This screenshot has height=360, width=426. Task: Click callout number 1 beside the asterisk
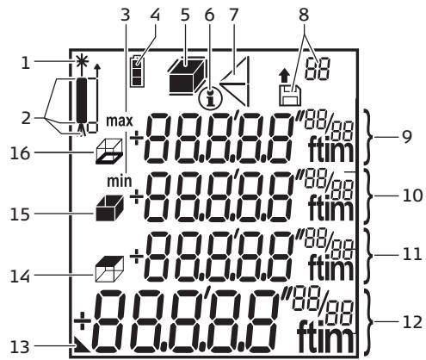[x=26, y=62]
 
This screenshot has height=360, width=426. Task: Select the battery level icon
[x=138, y=71]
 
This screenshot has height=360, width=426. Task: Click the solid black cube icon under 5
[x=187, y=76]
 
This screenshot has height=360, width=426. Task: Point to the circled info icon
[x=210, y=98]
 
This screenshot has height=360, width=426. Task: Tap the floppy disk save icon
[x=290, y=96]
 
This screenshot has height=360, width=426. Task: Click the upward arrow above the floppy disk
[x=284, y=77]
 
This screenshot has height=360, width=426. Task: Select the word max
[x=120, y=121]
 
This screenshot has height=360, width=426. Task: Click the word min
[x=120, y=182]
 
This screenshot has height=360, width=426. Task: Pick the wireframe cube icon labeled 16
[x=108, y=151]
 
